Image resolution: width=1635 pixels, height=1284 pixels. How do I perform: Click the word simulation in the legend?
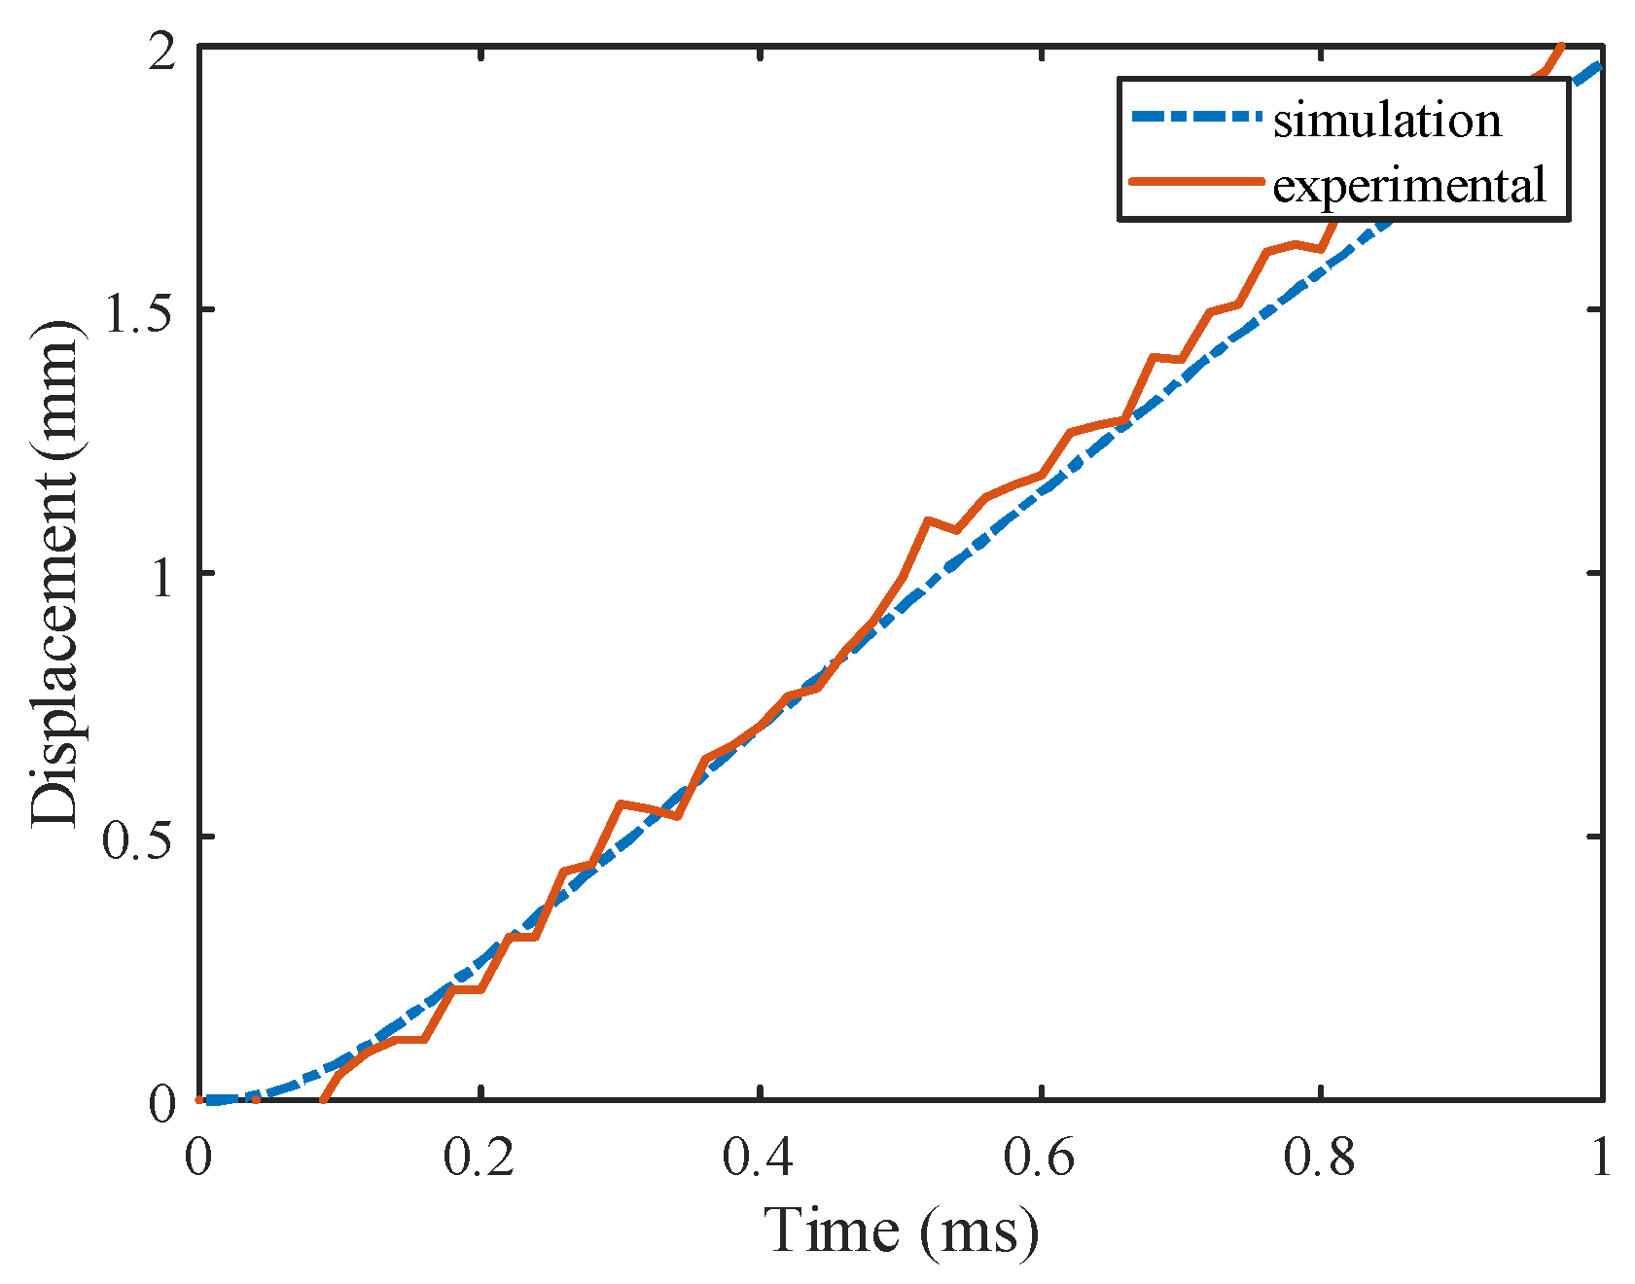[1387, 121]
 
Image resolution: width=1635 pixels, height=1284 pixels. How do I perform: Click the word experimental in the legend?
[1409, 184]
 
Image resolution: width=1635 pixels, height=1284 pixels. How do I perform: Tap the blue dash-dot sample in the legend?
[1199, 118]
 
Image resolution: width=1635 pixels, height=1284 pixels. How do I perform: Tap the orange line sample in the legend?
[1199, 182]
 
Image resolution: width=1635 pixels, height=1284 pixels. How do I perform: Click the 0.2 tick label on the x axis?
[479, 1159]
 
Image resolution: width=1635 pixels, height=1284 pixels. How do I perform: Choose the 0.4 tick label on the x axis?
[760, 1159]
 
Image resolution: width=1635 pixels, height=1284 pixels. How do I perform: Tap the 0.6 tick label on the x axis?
[1040, 1159]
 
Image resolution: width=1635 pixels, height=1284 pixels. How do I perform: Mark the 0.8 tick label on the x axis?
[1320, 1159]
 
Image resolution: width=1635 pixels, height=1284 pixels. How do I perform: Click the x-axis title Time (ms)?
[901, 1230]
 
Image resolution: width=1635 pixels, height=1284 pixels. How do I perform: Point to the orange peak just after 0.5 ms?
[929, 520]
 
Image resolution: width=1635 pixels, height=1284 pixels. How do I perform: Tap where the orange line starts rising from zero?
[324, 1100]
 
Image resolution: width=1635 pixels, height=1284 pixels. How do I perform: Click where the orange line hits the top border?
[1561, 47]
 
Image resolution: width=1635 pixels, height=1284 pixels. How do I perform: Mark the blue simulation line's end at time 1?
[1600, 63]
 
